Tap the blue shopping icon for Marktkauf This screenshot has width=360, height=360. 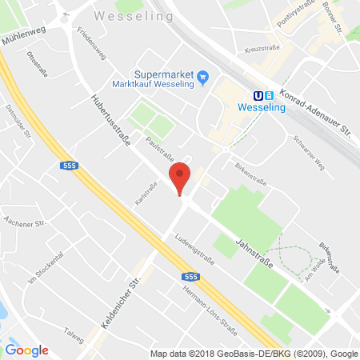point(203,77)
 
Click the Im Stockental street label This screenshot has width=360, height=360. point(46,279)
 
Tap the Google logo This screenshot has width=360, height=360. point(26,350)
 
